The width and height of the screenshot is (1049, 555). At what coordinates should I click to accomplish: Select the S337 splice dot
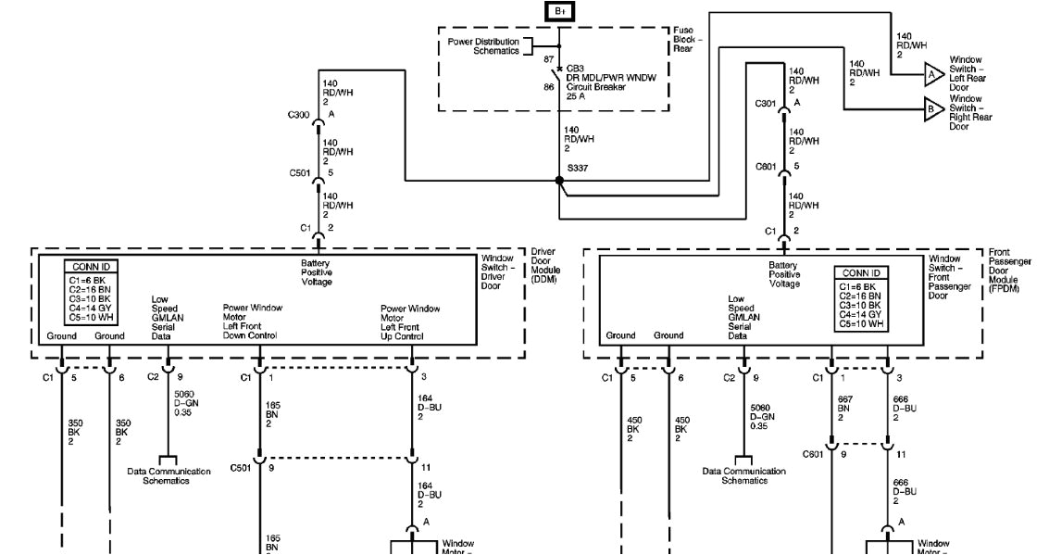tap(559, 180)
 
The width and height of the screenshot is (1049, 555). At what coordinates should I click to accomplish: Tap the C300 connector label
tap(299, 115)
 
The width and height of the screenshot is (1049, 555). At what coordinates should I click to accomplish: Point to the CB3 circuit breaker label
tap(575, 69)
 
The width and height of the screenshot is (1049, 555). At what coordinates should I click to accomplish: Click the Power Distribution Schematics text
tap(481, 46)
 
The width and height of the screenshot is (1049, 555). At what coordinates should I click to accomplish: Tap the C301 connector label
tap(765, 103)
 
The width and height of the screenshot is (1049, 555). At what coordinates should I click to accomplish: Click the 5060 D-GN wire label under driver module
tap(186, 405)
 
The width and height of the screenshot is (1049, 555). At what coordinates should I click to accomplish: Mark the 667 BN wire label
tap(843, 408)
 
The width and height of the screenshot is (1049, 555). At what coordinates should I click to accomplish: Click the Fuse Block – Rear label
tap(687, 42)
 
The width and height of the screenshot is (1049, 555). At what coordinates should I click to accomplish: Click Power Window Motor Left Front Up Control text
tap(410, 322)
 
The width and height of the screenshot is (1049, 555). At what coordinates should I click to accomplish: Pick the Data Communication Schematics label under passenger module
tap(743, 475)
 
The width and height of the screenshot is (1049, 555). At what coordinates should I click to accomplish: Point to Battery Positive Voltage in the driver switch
tap(316, 272)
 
